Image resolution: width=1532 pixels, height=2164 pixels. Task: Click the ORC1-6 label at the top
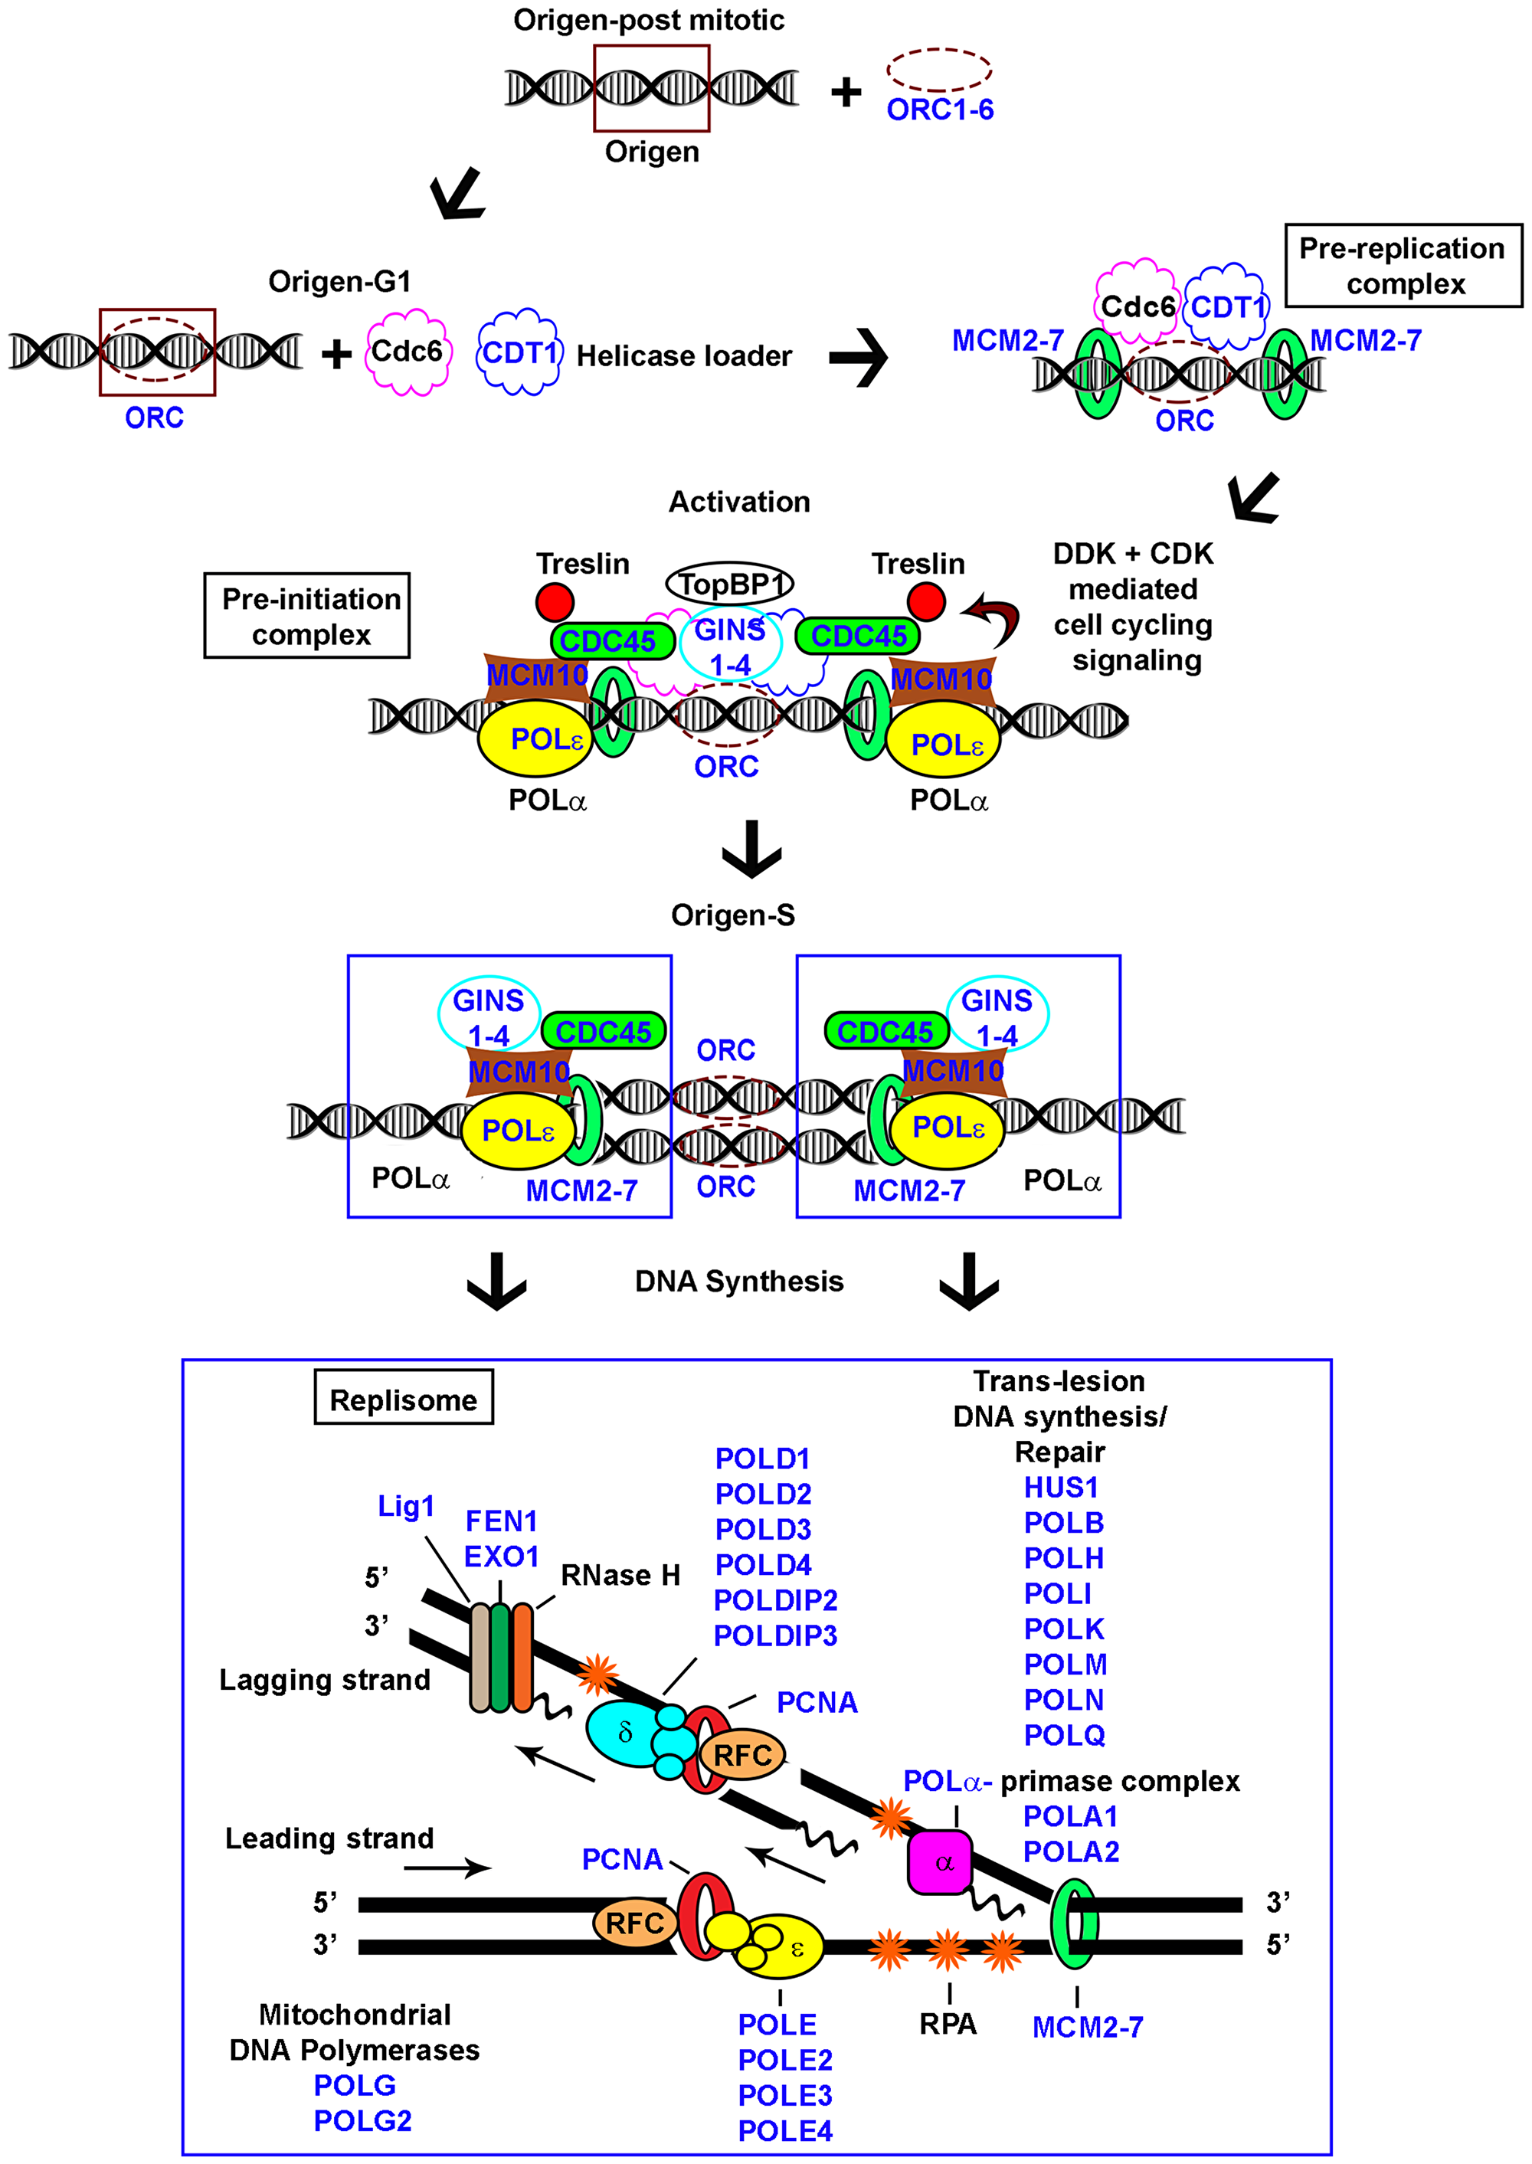tap(940, 110)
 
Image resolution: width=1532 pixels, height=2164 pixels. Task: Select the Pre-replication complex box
tap(1403, 266)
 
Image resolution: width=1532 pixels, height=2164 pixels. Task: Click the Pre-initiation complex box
tap(307, 615)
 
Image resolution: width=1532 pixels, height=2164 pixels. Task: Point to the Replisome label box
tap(404, 1399)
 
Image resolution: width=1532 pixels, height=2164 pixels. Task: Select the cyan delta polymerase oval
tap(624, 1732)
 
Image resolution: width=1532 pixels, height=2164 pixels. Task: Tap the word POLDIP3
tap(774, 1635)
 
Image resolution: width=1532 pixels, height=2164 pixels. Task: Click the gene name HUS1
tap(1061, 1488)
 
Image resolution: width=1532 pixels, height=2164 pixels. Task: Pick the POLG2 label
tap(362, 2120)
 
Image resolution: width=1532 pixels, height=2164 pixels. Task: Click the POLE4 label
tap(785, 2130)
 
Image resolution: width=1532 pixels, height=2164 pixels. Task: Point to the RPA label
tap(948, 2024)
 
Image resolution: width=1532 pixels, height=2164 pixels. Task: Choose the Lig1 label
tap(406, 1507)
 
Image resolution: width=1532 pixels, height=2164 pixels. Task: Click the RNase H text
tap(620, 1576)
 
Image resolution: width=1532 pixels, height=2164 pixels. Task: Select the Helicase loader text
tap(684, 355)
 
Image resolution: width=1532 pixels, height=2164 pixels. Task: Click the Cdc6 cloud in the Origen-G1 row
tap(408, 353)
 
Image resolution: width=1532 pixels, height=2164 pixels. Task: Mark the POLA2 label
tap(1071, 1851)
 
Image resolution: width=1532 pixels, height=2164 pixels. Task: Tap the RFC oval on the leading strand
tap(634, 1923)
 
